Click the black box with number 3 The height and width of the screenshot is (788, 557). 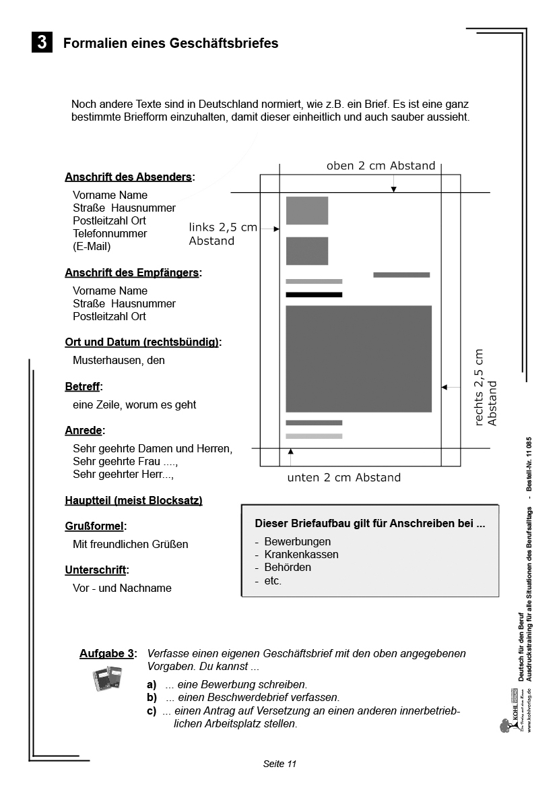tap(41, 42)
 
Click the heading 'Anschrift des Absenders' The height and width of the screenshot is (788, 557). tap(129, 177)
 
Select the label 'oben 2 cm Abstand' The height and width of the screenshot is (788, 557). tap(381, 166)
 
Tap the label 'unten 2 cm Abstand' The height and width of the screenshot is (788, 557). tap(343, 478)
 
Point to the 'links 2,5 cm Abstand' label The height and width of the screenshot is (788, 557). tap(222, 234)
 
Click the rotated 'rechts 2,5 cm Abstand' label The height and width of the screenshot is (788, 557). tap(485, 388)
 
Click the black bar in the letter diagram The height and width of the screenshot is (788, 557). tap(314, 295)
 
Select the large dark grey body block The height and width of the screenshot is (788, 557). tap(358, 359)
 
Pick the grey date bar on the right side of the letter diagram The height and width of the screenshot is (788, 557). tap(401, 275)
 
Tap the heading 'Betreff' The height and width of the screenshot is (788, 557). tap(82, 387)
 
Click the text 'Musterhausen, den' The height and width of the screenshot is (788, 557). tap(119, 360)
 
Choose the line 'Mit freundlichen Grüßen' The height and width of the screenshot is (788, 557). tap(131, 544)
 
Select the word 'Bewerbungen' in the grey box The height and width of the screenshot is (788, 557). tap(298, 541)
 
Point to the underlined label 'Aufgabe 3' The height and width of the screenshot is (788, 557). tap(106, 654)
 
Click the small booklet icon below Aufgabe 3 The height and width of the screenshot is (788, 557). tap(106, 679)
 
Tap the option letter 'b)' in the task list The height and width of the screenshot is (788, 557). tap(152, 698)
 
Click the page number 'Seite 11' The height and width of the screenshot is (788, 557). tap(280, 764)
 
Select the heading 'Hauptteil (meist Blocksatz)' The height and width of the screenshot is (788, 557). tap(133, 500)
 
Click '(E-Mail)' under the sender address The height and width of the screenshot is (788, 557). tap(92, 246)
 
